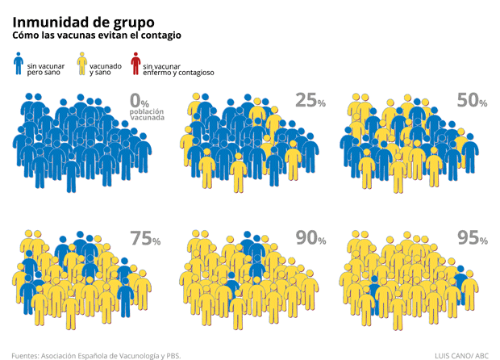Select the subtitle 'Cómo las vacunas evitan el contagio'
pos(97,36)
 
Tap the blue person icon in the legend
pos(19,64)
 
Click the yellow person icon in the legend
pos(81,64)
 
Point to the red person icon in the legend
pos(135,64)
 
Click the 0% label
pos(140,103)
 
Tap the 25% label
pos(310,101)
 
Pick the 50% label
pos(472,101)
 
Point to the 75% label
pos(145,239)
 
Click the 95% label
pos(472,238)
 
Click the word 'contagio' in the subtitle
pos(160,36)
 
